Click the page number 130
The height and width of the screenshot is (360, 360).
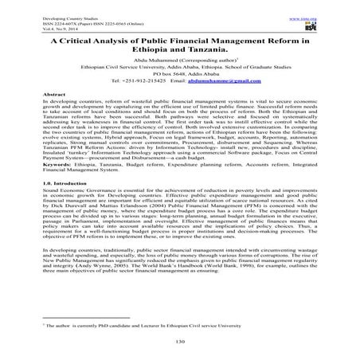tap(180, 342)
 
